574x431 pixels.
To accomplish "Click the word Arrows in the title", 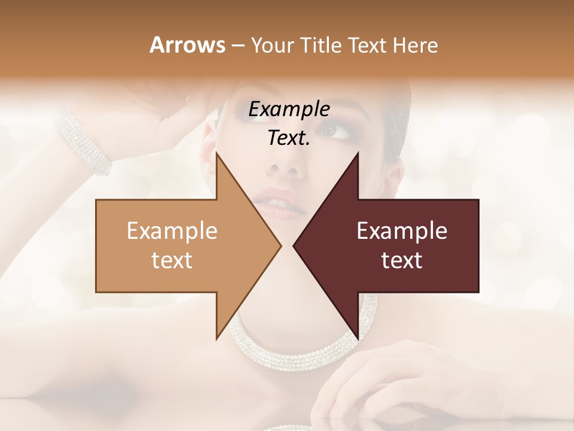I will point(187,45).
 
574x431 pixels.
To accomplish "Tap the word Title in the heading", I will point(321,45).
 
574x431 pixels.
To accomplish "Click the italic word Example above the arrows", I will point(289,109).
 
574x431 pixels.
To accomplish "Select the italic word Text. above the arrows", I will point(289,138).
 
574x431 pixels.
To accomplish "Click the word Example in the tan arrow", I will point(172,231).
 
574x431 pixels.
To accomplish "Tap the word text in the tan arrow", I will point(172,260).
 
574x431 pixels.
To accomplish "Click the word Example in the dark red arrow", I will point(402,231).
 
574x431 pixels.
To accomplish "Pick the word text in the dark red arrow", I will point(402,260).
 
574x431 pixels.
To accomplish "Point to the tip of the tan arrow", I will point(280,245).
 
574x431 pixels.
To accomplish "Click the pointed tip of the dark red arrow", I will point(295,245).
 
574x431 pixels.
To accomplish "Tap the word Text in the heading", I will point(368,45).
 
